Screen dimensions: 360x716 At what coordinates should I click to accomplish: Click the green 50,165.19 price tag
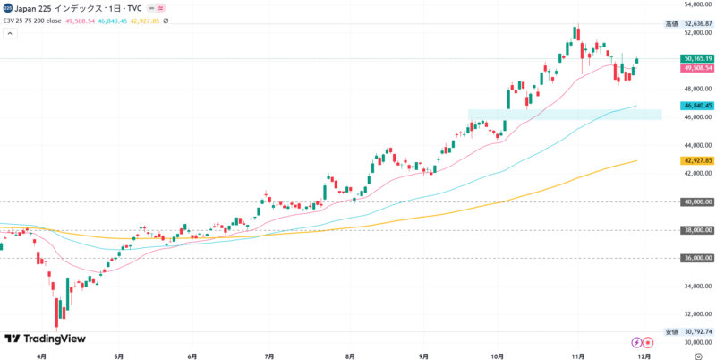coord(696,58)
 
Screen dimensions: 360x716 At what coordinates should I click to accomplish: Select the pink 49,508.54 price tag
coord(696,68)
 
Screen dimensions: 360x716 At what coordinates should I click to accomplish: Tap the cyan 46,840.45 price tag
coord(696,105)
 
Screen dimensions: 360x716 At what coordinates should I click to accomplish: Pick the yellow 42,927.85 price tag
coord(696,160)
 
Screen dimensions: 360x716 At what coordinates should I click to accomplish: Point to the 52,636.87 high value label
coord(696,23)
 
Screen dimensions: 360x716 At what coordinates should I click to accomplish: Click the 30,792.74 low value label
coord(696,332)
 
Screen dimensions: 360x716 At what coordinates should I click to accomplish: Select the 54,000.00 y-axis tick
coord(696,4)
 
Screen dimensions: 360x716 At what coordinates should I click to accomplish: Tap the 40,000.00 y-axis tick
coord(696,201)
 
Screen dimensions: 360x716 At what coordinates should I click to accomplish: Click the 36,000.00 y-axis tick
coord(696,258)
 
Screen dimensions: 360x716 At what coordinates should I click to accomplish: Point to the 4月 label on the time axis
coord(42,355)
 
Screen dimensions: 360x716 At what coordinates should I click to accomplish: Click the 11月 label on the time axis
coord(577,355)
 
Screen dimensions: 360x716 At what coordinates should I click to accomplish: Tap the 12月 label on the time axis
coord(644,355)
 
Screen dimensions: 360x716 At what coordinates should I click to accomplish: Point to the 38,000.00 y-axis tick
coord(696,230)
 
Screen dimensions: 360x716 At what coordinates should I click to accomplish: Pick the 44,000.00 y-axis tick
coord(696,145)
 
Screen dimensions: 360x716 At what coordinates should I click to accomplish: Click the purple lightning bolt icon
coord(636,341)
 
